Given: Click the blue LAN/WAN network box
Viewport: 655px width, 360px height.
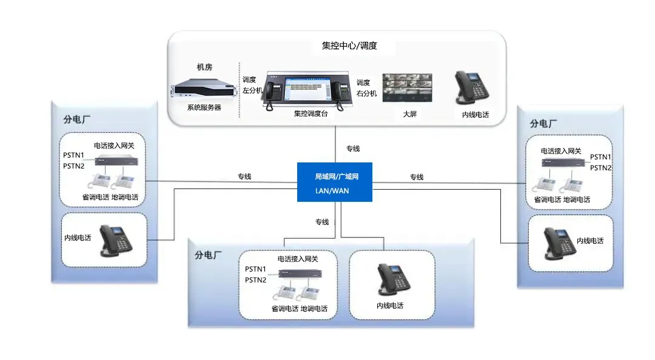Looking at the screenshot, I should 335,182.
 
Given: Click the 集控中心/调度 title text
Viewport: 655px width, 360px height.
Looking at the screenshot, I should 349,45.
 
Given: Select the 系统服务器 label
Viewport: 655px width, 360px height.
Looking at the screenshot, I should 204,107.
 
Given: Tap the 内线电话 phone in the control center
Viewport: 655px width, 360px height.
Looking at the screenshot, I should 472,88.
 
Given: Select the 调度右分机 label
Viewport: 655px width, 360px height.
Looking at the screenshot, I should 366,88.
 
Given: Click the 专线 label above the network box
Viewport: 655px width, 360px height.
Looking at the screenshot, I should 353,148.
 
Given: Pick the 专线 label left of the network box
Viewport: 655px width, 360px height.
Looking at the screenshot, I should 244,177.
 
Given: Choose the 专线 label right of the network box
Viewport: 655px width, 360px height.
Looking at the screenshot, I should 416,177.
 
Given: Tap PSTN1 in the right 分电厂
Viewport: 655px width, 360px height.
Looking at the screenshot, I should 600,157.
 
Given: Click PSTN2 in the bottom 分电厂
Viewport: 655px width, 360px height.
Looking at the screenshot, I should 255,280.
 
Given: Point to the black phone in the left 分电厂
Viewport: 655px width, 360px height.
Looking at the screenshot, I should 115,239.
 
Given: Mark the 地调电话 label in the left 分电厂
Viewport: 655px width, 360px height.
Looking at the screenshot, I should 126,197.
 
